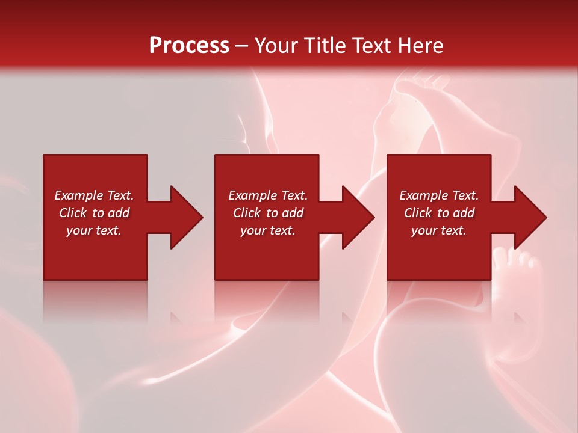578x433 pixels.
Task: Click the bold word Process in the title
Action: point(189,46)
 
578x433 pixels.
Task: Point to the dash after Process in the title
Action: point(241,46)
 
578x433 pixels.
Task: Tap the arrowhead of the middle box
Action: point(357,217)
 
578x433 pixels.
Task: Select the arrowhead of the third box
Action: point(529,217)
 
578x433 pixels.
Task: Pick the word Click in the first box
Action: point(74,213)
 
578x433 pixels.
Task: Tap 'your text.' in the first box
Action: point(94,230)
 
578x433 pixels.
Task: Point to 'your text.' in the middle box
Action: point(268,230)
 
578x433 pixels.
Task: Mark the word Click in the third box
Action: point(419,213)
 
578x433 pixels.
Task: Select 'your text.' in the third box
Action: point(439,230)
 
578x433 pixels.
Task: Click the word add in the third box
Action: point(464,213)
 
